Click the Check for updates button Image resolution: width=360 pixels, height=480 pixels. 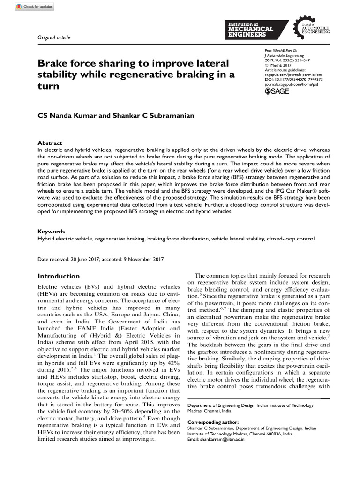(35, 7)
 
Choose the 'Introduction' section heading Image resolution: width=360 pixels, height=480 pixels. (59, 276)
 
